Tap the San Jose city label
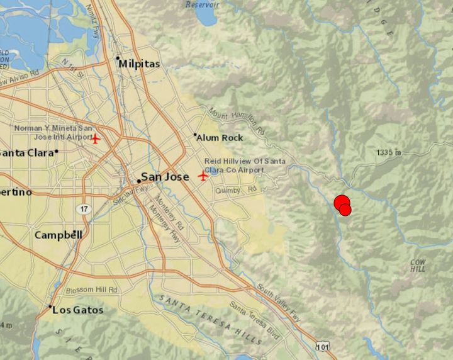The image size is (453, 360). tap(165, 177)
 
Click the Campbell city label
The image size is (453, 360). tap(59, 235)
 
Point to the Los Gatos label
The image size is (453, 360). tap(78, 310)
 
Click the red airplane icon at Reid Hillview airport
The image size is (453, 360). tap(203, 176)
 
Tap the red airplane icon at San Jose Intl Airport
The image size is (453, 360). tap(96, 138)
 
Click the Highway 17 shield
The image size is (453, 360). tap(83, 208)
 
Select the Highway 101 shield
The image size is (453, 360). tap(322, 346)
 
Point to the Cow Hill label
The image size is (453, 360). tap(418, 265)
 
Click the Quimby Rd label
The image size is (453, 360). tap(243, 189)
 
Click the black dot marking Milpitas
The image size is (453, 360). tap(118, 59)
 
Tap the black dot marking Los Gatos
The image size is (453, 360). tap(50, 307)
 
